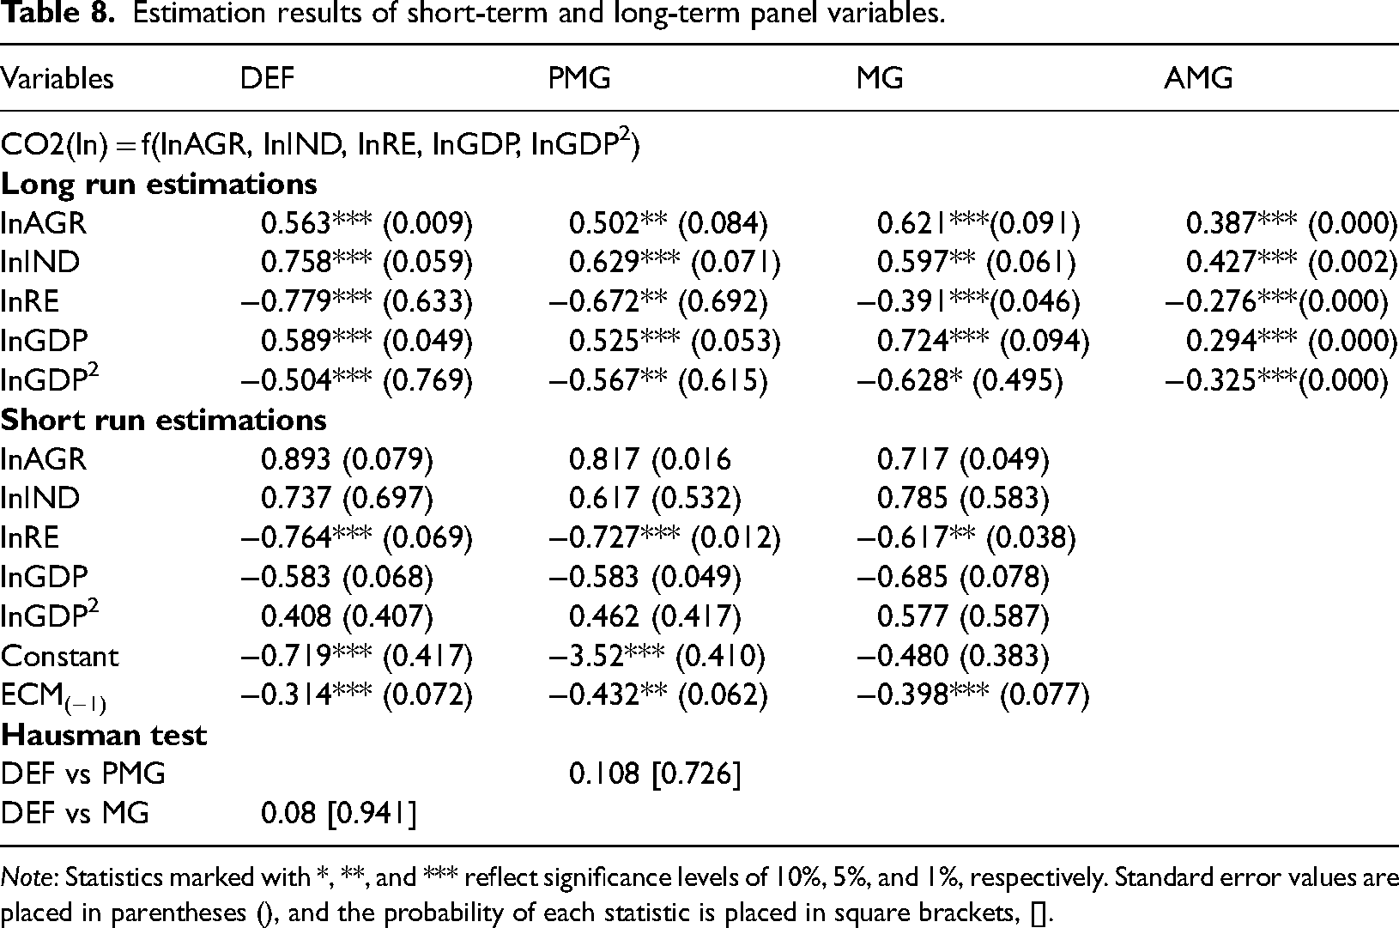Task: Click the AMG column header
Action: coord(1198,79)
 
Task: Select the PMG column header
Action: coord(579,79)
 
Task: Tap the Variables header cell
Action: coord(57,79)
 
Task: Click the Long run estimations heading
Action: coord(159,185)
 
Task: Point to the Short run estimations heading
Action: coord(163,420)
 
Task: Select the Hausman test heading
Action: coord(104,735)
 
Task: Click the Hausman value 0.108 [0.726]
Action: coord(655,774)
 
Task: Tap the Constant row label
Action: coord(59,657)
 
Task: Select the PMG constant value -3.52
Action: coord(586,657)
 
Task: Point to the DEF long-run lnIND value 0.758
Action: coord(294,263)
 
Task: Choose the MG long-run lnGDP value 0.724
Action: coord(912,341)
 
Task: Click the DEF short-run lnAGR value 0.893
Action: coord(294,459)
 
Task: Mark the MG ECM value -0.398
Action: coord(902,695)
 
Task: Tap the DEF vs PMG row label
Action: coord(82,774)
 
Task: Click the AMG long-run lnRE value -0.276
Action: coord(1210,301)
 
